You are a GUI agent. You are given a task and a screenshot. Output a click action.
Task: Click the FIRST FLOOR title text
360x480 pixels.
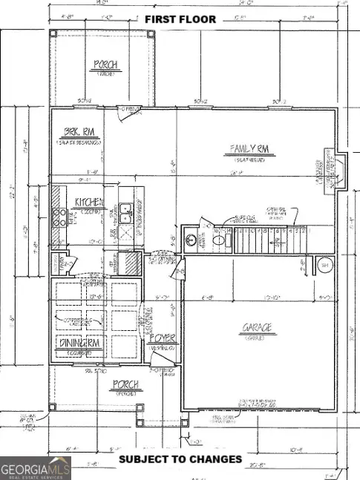click(x=180, y=19)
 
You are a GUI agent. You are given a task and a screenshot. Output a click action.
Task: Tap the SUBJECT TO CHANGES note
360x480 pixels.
click(x=181, y=459)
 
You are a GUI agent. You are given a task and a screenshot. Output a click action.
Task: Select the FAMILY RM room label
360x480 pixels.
click(x=246, y=150)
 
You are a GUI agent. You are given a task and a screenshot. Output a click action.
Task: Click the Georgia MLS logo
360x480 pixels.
click(x=34, y=468)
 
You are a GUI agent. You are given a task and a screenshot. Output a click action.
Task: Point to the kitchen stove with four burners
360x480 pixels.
click(x=59, y=217)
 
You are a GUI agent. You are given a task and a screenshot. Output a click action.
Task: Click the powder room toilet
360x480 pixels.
click(x=220, y=240)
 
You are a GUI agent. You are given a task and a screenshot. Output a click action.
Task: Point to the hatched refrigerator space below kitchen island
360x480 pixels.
click(x=129, y=263)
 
